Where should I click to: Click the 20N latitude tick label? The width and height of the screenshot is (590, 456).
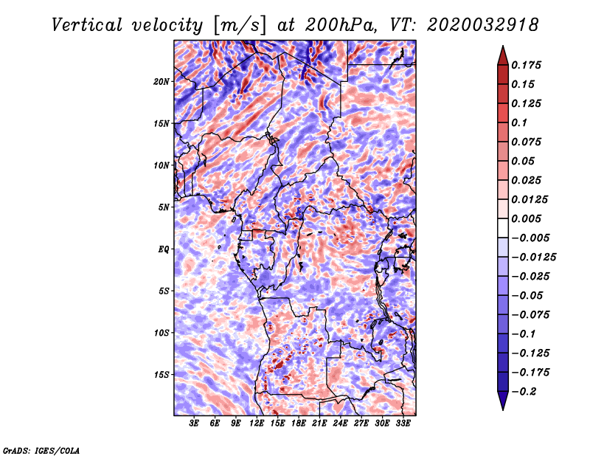click(162, 81)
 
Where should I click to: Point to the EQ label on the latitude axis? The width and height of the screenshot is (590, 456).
click(164, 249)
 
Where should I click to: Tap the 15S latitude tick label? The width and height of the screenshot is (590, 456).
click(162, 375)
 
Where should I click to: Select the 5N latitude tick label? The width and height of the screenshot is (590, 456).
click(164, 207)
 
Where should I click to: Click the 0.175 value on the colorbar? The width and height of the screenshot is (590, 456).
click(527, 65)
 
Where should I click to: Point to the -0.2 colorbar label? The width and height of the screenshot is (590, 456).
click(526, 392)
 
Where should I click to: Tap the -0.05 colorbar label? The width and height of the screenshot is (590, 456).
click(528, 296)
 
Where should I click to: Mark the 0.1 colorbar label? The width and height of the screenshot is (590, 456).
click(522, 122)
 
